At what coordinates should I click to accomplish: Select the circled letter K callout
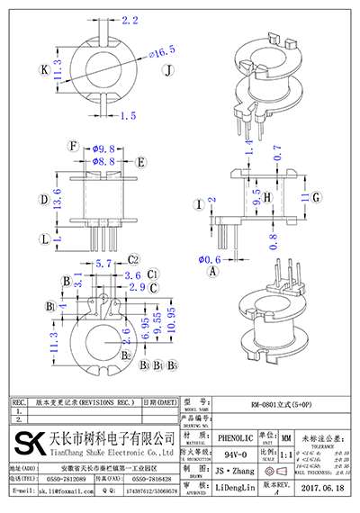coord(44,69)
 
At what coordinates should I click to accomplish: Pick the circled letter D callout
coord(43,200)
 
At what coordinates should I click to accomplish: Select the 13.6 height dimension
coord(58,200)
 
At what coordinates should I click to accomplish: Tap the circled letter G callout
coord(317,196)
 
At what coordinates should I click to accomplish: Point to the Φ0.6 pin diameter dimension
coord(210,259)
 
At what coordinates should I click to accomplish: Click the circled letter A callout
coord(212,270)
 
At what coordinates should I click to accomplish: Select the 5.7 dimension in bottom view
coord(103,264)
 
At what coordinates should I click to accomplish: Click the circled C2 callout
coord(131,261)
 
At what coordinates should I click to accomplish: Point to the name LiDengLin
coord(233,486)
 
